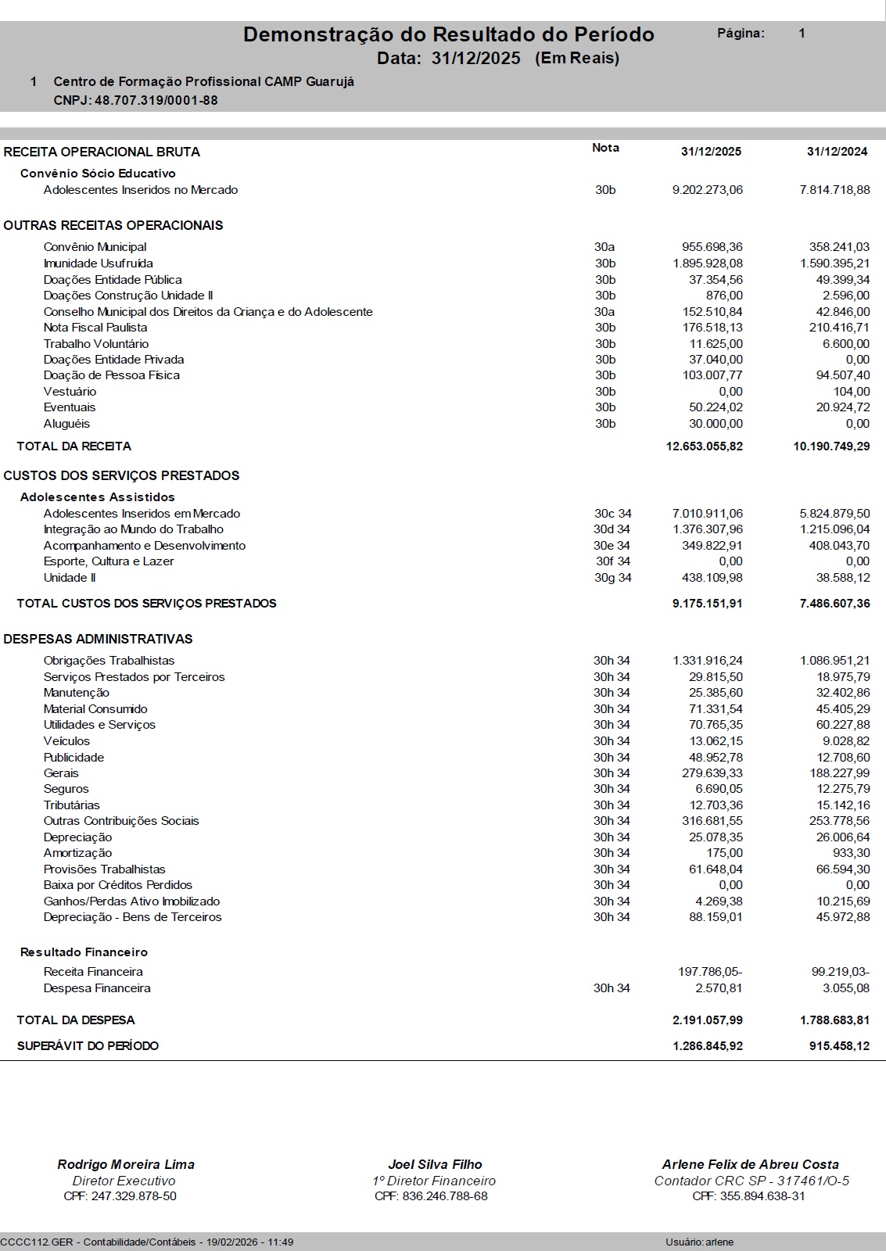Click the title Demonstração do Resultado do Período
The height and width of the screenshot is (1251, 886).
coord(448,34)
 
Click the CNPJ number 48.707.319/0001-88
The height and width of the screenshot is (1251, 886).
coord(156,101)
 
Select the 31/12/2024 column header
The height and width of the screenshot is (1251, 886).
coord(837,152)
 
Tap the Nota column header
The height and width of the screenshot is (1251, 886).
coord(605,148)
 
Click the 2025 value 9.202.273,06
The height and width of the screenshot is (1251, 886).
coord(707,190)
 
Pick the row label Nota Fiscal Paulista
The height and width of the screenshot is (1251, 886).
coord(95,328)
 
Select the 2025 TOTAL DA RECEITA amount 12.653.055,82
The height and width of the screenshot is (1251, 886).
coord(704,446)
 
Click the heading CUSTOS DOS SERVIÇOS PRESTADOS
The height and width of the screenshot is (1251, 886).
coord(121,475)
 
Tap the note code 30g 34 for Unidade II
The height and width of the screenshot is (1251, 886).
coord(612,578)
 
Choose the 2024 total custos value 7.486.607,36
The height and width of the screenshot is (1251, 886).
coord(834,604)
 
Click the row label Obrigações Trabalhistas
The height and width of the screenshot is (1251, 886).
coord(109,661)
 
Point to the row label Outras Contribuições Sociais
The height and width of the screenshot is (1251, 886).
coord(121,821)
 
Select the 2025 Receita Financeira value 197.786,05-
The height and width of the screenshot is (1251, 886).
coord(709,972)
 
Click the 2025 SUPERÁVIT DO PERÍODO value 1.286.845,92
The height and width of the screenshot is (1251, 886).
coord(707,1046)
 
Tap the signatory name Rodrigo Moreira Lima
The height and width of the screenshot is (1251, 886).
coord(126,1164)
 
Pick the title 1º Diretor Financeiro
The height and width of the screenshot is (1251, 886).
coord(434,1181)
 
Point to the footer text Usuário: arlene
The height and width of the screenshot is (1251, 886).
coord(699,1242)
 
